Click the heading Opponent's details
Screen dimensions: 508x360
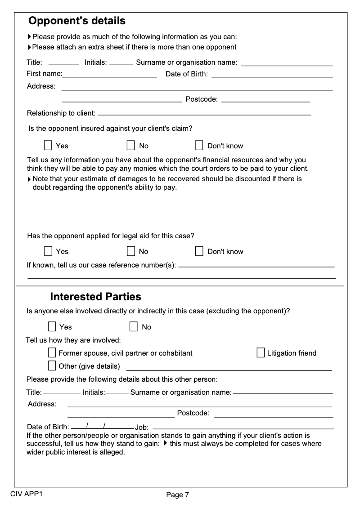77,21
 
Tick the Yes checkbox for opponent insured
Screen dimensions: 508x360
48,145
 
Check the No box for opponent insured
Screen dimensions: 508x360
131,145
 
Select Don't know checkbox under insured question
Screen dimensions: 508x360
199,145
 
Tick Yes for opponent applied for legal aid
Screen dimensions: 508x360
48,251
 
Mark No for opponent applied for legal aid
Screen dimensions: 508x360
131,251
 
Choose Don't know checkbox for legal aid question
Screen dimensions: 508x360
199,251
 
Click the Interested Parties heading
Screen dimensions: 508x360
95,297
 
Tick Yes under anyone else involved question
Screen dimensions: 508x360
52,326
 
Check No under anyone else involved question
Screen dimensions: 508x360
134,326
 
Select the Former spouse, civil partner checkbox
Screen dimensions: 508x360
52,352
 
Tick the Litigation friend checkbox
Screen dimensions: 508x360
261,352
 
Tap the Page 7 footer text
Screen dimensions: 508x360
178,495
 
